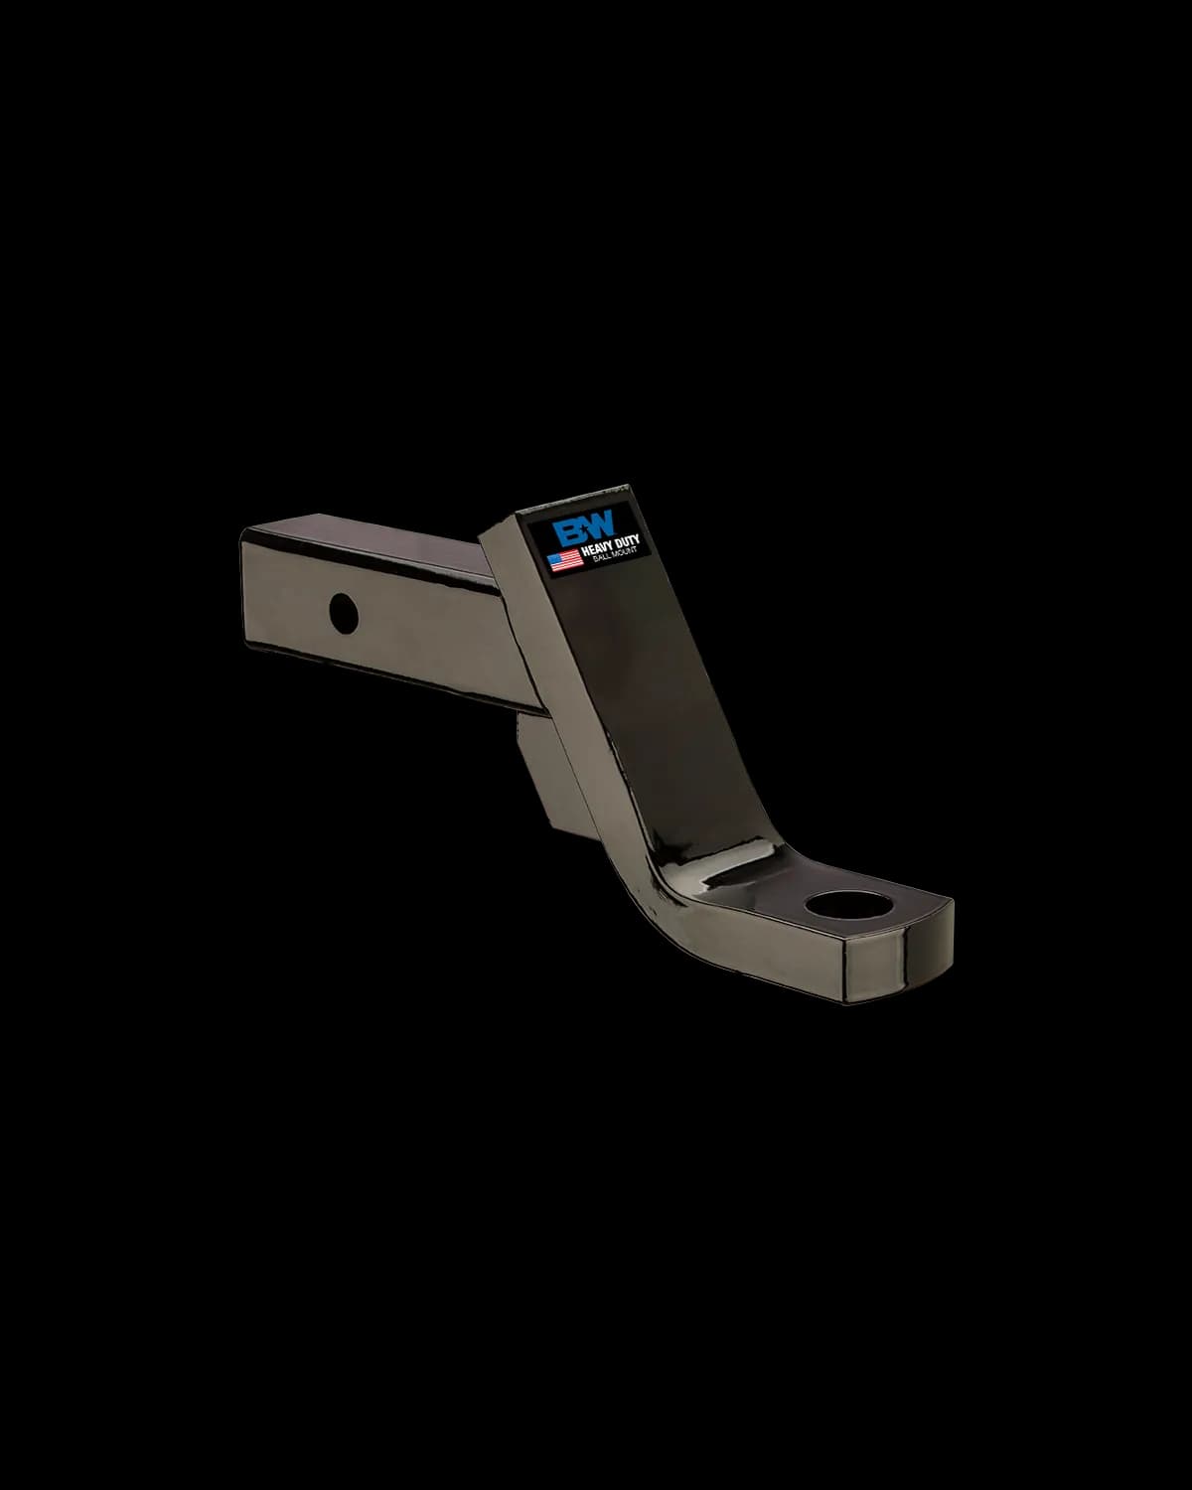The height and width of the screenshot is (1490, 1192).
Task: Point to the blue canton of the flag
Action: (556, 557)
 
